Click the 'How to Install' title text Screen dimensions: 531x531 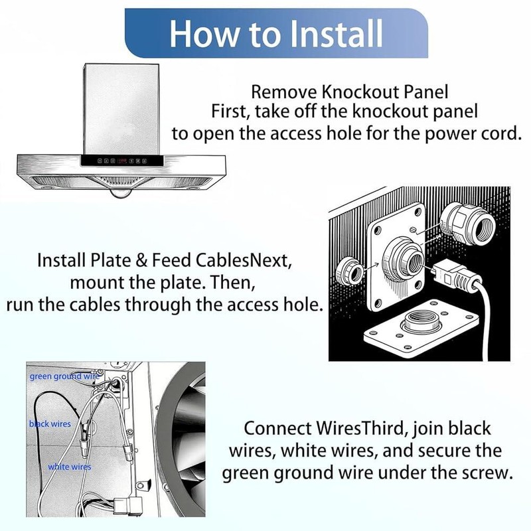(276, 33)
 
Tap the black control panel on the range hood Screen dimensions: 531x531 (122, 161)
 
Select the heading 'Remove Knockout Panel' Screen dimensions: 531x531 (350, 92)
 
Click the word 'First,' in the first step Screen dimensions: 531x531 (230, 112)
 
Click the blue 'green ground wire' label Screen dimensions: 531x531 (65, 376)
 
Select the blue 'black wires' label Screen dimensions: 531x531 (50, 423)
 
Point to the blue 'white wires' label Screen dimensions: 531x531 (70, 467)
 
